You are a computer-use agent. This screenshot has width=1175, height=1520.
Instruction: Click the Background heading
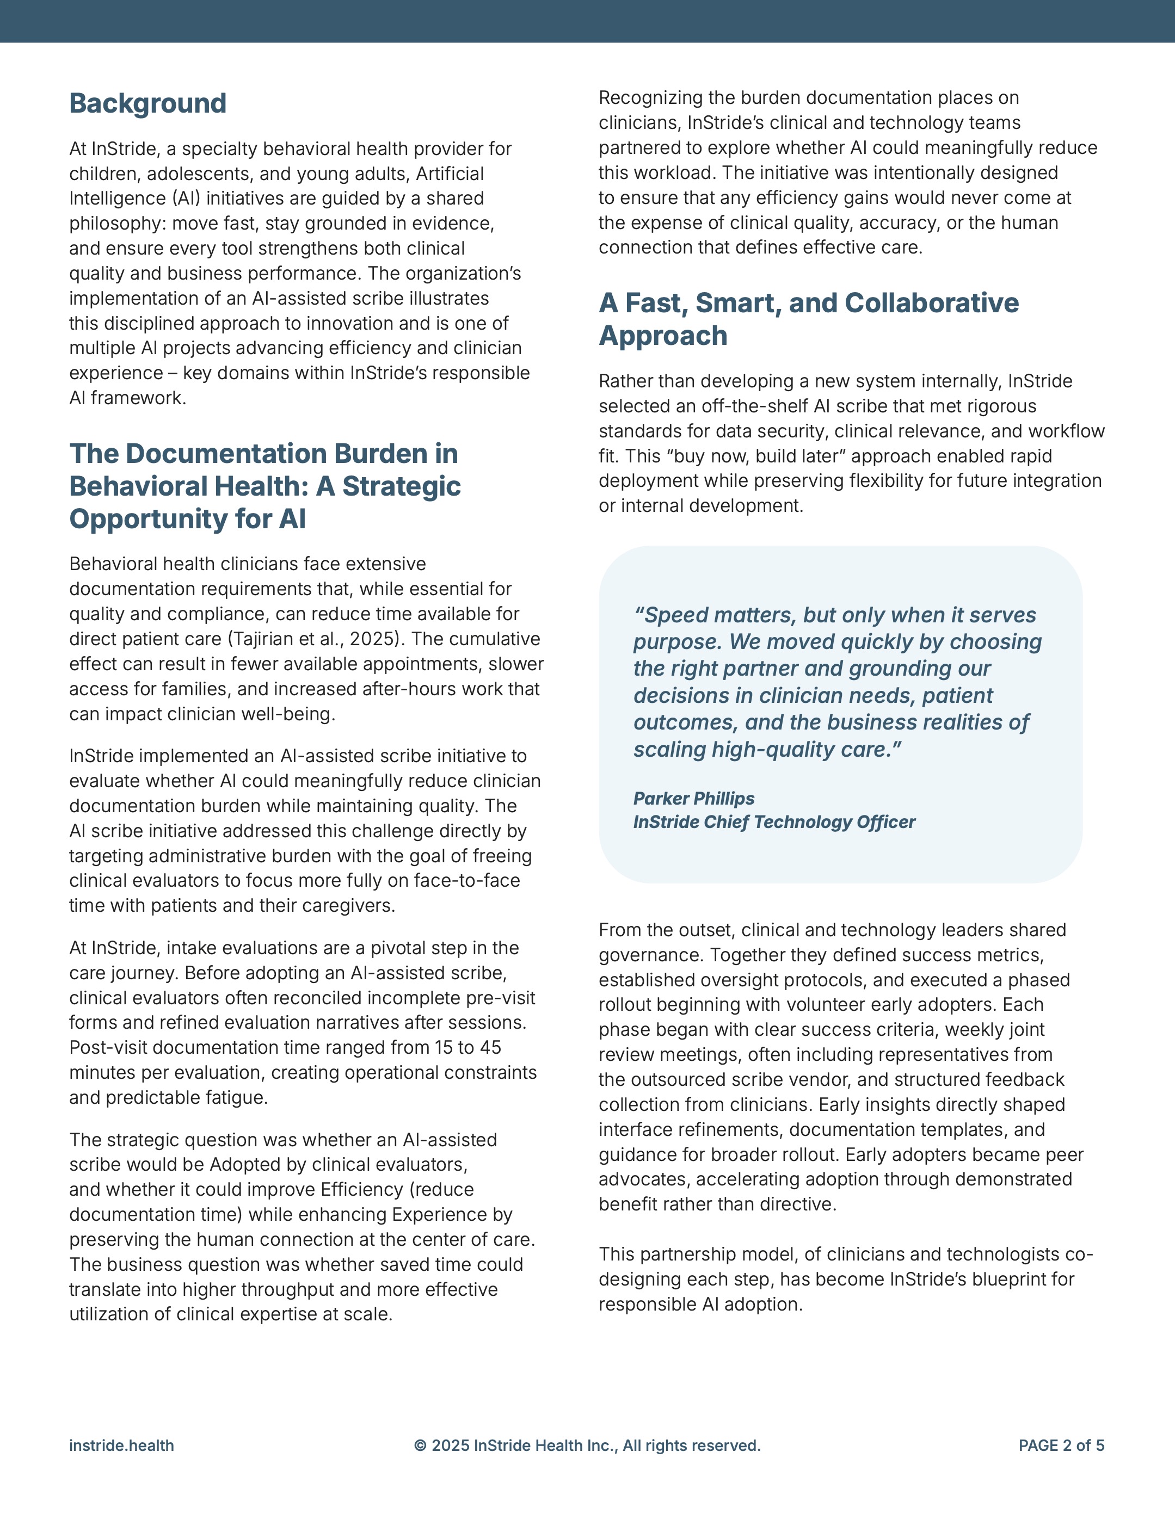coord(147,104)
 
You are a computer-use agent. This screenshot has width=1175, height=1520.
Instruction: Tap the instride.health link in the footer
coord(121,1445)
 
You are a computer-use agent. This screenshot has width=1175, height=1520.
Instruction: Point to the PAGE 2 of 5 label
coord(1061,1445)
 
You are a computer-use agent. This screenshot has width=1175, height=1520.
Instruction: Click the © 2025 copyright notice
coord(587,1445)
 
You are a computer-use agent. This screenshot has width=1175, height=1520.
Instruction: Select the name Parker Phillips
coord(693,798)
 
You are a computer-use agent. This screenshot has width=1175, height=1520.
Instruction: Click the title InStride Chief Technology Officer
coord(774,822)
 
